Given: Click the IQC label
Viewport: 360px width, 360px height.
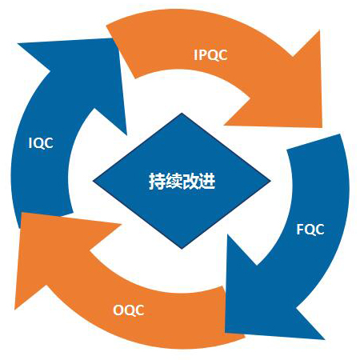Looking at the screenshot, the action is [x=41, y=143].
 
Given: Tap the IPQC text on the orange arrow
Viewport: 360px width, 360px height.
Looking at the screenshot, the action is [x=210, y=55].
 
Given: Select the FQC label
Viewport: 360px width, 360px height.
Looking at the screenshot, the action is [x=310, y=230].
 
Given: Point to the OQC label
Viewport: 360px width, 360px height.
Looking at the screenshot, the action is [x=129, y=310].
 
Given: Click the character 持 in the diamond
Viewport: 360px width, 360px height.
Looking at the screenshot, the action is [x=157, y=182].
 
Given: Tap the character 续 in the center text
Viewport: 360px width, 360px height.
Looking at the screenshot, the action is [x=174, y=182].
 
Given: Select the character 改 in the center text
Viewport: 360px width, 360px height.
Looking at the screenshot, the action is [x=190, y=182].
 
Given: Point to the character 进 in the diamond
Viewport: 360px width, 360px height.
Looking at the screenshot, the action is [x=207, y=182].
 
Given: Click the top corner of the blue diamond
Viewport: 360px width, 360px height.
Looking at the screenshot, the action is [x=182, y=113].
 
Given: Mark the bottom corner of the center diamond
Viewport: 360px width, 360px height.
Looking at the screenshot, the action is [x=182, y=249].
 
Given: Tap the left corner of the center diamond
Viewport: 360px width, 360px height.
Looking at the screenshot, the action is [x=93, y=181].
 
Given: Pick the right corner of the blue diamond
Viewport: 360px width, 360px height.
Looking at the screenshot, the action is [x=271, y=181].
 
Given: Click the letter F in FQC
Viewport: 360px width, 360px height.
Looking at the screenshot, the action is [x=300, y=230].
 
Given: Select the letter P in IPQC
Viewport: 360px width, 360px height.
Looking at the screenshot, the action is [x=203, y=55].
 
